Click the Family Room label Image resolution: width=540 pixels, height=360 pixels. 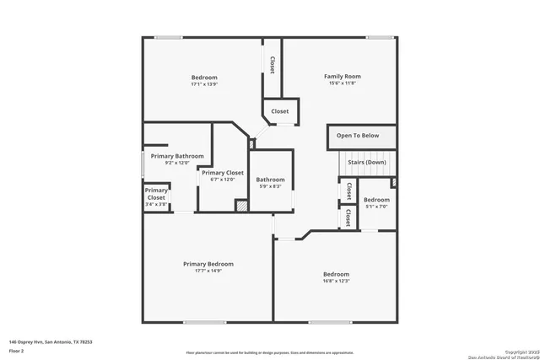coord(343,77)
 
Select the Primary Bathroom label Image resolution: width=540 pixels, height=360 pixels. coord(177,156)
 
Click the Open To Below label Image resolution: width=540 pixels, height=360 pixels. coord(358,135)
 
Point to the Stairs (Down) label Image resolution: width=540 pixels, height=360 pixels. coord(367,162)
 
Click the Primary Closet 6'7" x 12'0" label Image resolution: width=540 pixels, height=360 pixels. coord(223,173)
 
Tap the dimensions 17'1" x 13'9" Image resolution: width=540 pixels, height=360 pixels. coord(204,84)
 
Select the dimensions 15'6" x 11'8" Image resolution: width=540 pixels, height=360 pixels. coord(343,83)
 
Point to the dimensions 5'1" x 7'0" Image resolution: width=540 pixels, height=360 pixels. coord(376,206)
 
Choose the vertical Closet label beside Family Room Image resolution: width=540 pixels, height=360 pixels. coord(273,64)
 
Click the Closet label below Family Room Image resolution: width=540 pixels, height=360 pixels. coord(279,111)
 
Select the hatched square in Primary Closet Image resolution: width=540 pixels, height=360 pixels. coord(242,205)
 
